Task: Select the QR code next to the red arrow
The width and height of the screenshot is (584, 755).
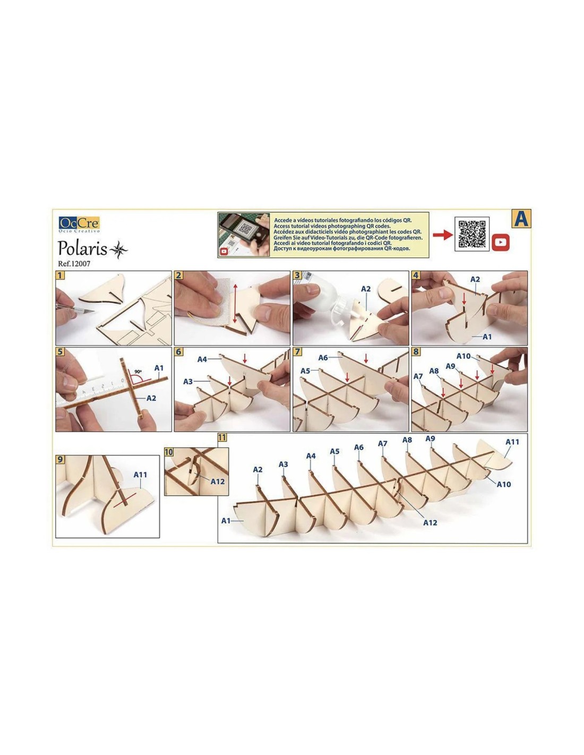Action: click(471, 234)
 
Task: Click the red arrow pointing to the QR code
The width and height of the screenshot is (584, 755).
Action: click(442, 234)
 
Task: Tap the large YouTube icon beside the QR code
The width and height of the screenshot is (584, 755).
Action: click(501, 242)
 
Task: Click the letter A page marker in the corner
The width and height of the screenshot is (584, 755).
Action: click(521, 219)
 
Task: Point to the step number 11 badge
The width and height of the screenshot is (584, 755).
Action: click(222, 437)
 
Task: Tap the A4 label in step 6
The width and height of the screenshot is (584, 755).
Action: click(202, 359)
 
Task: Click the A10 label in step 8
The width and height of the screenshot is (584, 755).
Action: click(463, 356)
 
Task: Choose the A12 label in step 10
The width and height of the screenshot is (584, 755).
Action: click(218, 482)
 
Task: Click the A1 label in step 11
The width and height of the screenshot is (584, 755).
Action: click(226, 521)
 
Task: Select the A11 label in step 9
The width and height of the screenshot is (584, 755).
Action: click(140, 475)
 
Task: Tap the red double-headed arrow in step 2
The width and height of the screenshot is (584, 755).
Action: click(234, 303)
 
